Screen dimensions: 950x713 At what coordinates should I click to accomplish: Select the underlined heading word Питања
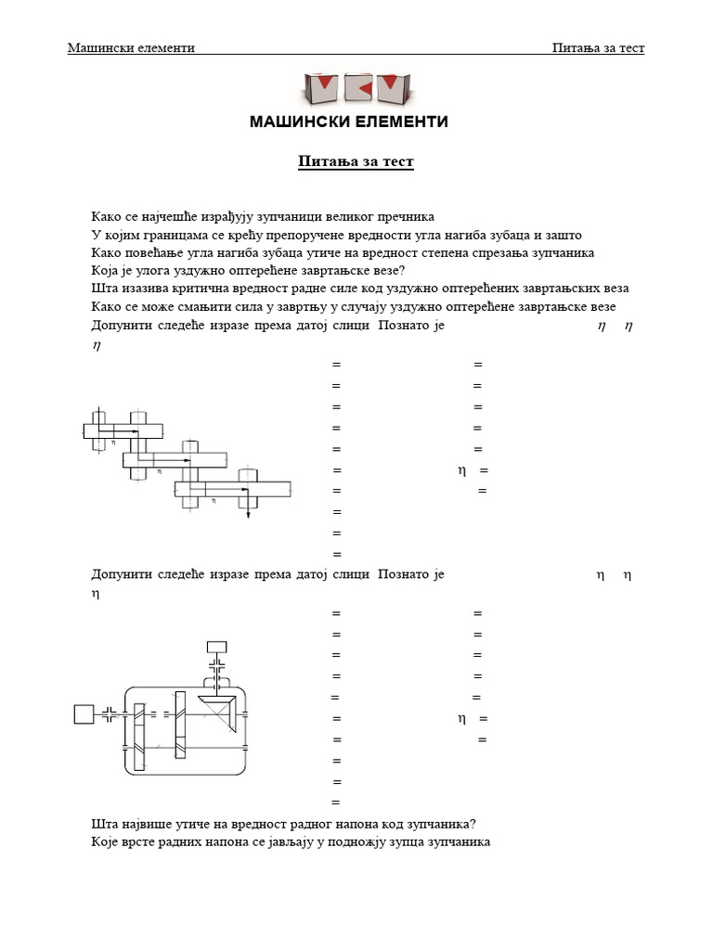[x=321, y=162]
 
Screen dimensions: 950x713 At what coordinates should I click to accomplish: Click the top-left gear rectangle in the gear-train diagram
[x=123, y=430]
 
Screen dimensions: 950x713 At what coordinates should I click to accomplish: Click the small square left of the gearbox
[x=84, y=713]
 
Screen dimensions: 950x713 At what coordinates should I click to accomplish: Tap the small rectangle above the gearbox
[x=217, y=647]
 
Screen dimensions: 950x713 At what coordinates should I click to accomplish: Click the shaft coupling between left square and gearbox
[x=110, y=713]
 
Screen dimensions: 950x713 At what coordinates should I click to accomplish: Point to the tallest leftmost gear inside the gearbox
[x=139, y=736]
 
